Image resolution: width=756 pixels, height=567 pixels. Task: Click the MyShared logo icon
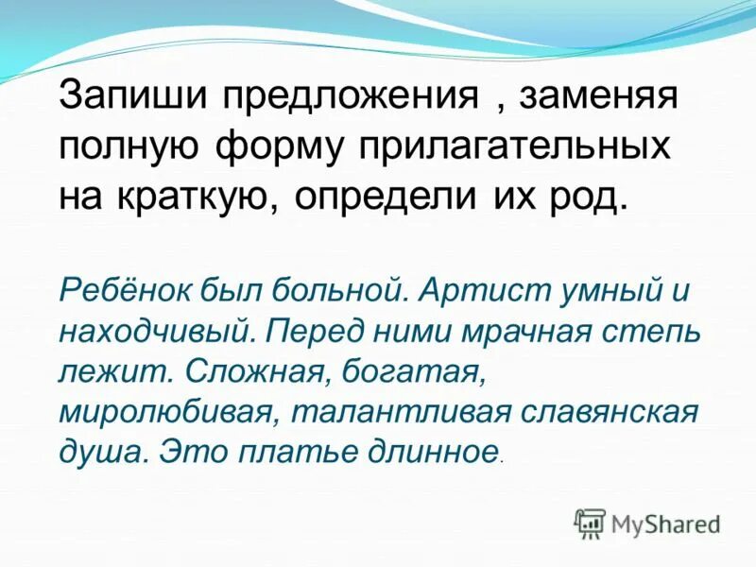(x=590, y=523)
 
